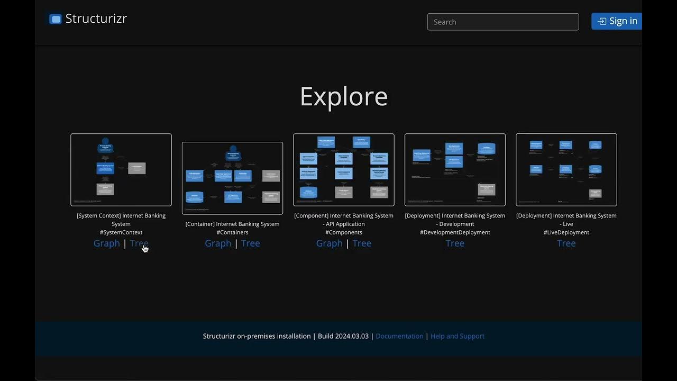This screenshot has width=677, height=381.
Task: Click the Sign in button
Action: pyautogui.click(x=617, y=21)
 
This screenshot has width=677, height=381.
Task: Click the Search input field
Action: pyautogui.click(x=502, y=22)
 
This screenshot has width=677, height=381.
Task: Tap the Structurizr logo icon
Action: pyautogui.click(x=55, y=19)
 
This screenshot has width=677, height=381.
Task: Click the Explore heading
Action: pyautogui.click(x=344, y=96)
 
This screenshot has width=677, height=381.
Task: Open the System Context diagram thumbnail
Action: pyautogui.click(x=121, y=169)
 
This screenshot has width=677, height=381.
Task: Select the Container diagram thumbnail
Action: pyautogui.click(x=232, y=178)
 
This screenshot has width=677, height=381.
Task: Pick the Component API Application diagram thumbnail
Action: pyautogui.click(x=344, y=169)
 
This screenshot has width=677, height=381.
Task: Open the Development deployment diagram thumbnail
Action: pyautogui.click(x=455, y=169)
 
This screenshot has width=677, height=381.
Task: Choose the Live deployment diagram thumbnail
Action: pyautogui.click(x=566, y=169)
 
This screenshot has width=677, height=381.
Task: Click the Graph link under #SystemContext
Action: pyautogui.click(x=107, y=243)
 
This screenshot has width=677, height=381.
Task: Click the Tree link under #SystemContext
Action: pyautogui.click(x=139, y=243)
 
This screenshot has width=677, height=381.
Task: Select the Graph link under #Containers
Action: pyautogui.click(x=218, y=243)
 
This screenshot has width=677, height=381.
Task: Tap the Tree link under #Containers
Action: pyautogui.click(x=251, y=243)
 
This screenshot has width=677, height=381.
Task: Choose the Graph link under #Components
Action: pyautogui.click(x=329, y=243)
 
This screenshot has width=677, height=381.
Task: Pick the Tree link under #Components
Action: pyautogui.click(x=362, y=243)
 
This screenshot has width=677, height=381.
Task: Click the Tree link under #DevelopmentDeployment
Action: pyautogui.click(x=455, y=243)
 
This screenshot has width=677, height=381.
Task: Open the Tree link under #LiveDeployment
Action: pyautogui.click(x=566, y=243)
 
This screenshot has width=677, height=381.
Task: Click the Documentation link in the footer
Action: pyautogui.click(x=399, y=336)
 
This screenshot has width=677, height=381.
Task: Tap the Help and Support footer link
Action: pyautogui.click(x=458, y=336)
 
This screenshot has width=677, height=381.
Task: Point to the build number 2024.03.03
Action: pyautogui.click(x=352, y=336)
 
